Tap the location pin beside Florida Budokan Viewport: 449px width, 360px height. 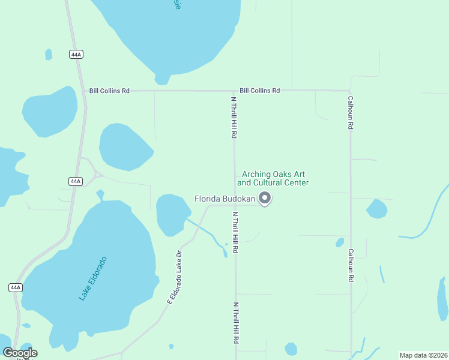pos(265,198)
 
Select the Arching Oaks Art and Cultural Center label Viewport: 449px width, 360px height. pos(273,178)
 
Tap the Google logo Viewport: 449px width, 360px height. pos(20,353)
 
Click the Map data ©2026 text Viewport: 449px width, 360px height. pos(423,355)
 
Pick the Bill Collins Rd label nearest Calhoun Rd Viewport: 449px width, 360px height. pos(259,91)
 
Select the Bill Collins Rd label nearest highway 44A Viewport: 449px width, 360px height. pos(109,91)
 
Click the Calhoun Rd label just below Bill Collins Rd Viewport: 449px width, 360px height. pos(350,113)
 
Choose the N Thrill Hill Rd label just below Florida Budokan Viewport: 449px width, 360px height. pos(235,232)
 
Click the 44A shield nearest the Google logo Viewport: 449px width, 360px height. pos(16,287)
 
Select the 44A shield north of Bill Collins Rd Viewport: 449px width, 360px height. pos(76,55)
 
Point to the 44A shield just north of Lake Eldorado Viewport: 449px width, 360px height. pos(75,181)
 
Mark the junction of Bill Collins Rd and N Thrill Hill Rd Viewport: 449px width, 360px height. pos(234,91)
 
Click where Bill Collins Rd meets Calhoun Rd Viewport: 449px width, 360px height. pos(350,91)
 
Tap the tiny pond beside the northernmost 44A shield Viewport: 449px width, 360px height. pos(49,55)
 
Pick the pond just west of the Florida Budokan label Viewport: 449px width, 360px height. pos(172,213)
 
